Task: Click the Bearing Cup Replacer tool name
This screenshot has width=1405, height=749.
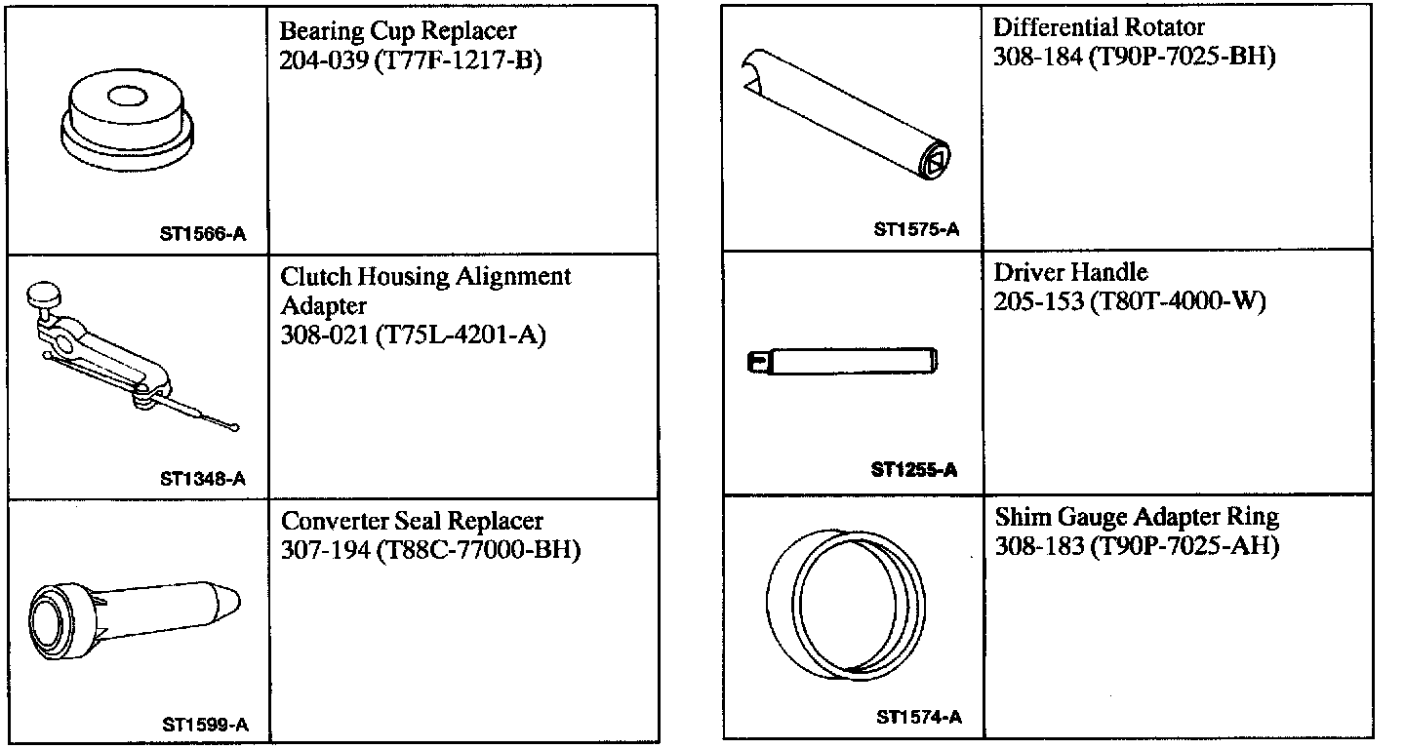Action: click(x=398, y=31)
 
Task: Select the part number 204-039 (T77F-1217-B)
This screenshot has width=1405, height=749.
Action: click(x=410, y=60)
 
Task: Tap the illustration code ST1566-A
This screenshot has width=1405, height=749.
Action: click(x=203, y=234)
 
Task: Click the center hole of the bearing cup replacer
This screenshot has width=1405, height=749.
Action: click(x=126, y=97)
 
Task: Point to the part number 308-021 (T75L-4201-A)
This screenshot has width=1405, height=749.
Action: click(x=413, y=335)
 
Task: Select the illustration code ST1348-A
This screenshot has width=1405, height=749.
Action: click(x=203, y=479)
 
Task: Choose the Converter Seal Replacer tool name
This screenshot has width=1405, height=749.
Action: click(x=413, y=522)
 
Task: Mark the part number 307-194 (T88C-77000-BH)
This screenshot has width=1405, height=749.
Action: click(x=430, y=551)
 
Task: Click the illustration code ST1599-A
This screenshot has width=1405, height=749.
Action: click(x=205, y=726)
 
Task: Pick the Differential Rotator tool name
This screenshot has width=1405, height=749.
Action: click(x=1099, y=27)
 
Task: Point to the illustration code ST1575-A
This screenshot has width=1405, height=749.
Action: click(x=917, y=230)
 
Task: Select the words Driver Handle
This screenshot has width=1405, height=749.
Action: click(x=1070, y=272)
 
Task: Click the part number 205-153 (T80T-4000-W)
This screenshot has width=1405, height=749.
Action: click(x=1129, y=301)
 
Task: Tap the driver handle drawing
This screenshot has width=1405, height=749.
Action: click(x=844, y=362)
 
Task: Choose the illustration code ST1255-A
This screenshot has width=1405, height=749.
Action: click(x=914, y=470)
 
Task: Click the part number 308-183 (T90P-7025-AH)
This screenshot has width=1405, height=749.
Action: click(x=1137, y=545)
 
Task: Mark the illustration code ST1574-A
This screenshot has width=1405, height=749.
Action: click(x=919, y=718)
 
